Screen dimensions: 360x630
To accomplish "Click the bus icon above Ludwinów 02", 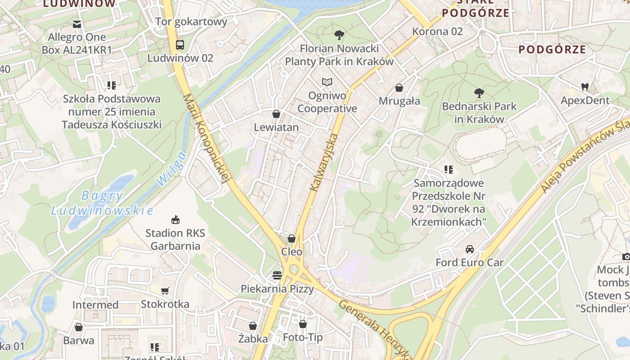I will point(180,45).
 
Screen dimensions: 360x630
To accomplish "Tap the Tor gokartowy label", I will point(191,22).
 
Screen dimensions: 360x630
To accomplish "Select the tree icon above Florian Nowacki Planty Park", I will point(339,35).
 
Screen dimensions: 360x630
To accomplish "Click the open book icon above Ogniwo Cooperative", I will point(327,82).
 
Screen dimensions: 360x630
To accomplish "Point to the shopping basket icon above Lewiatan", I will point(276,114).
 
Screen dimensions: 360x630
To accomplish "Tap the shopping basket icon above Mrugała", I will point(399,88).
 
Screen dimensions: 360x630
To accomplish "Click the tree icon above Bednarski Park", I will point(479,93).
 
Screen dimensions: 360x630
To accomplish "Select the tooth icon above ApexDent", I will point(585,87).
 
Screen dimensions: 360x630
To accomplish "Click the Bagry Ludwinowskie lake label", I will point(102,203).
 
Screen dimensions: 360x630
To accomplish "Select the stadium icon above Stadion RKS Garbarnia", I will point(175,220).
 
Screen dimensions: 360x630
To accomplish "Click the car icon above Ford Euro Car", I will point(469,249).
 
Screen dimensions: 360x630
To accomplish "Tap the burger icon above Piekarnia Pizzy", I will point(277,275).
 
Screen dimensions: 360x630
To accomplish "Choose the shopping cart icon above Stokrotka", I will point(165,291).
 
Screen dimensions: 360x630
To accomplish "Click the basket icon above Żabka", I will point(253,325).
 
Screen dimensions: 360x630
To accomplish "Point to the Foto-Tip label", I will point(302,337).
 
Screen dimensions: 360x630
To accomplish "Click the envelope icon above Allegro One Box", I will point(77,24).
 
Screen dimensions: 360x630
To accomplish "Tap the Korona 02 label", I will point(437,31).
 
